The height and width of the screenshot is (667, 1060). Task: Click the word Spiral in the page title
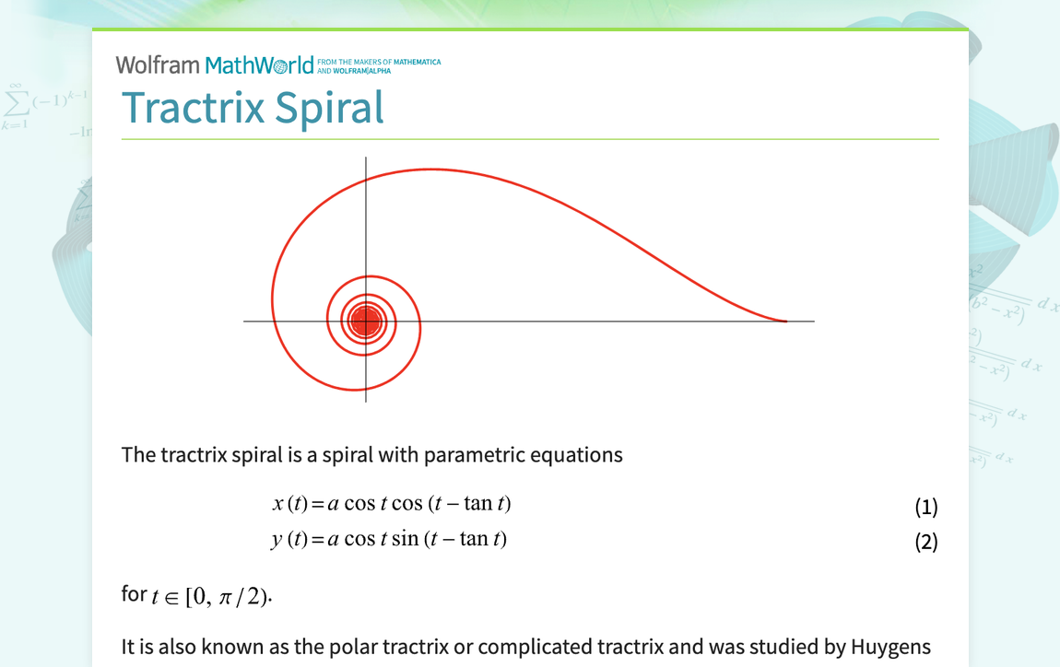336,109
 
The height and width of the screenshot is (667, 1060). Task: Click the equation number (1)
925,507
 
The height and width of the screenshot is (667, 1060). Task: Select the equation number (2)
925,542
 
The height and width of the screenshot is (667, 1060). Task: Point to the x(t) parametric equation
391,504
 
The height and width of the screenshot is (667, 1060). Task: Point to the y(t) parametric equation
389,539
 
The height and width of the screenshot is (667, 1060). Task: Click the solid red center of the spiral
366,322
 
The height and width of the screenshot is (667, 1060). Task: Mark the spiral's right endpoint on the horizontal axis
786,322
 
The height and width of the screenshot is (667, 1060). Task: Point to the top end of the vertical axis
366,158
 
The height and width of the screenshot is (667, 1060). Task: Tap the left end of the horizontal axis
245,322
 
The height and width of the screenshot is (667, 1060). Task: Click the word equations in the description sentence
573,455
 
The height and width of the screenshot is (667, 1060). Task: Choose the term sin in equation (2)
405,539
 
